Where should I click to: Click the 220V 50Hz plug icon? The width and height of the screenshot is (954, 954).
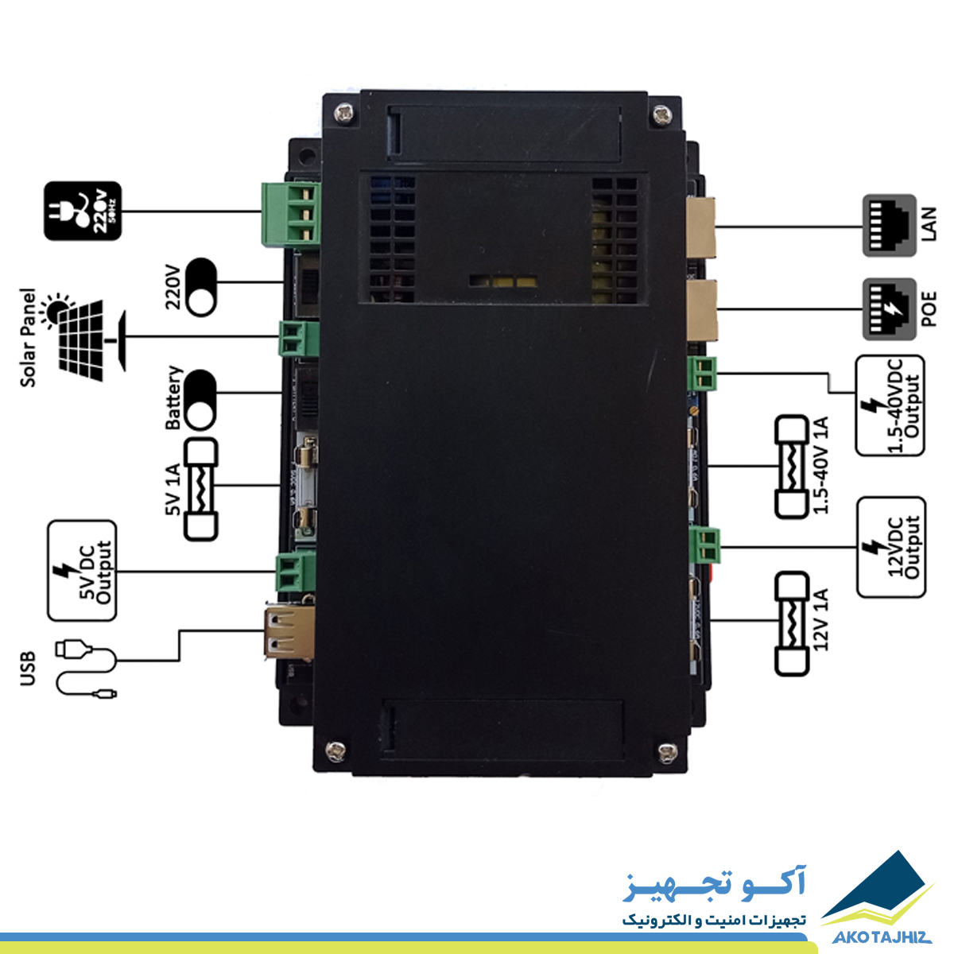(83, 211)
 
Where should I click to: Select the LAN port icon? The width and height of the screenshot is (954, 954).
(889, 225)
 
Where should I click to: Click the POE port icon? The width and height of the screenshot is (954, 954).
(889, 309)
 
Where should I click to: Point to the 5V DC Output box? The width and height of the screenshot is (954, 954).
(82, 570)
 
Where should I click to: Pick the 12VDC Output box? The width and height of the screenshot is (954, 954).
(891, 547)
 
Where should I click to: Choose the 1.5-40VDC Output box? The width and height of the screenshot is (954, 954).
(890, 405)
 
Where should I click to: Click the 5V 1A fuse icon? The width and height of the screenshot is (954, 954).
(200, 489)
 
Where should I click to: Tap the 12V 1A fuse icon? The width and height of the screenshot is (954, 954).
(792, 624)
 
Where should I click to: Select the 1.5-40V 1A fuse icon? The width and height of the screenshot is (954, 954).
(792, 467)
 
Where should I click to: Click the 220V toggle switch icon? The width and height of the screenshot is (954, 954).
(201, 287)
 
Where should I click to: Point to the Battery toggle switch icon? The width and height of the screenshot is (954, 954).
(201, 400)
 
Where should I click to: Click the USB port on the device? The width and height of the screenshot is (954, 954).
(289, 632)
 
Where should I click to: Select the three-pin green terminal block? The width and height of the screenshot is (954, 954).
(291, 214)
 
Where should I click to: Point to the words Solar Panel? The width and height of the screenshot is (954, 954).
(28, 338)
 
